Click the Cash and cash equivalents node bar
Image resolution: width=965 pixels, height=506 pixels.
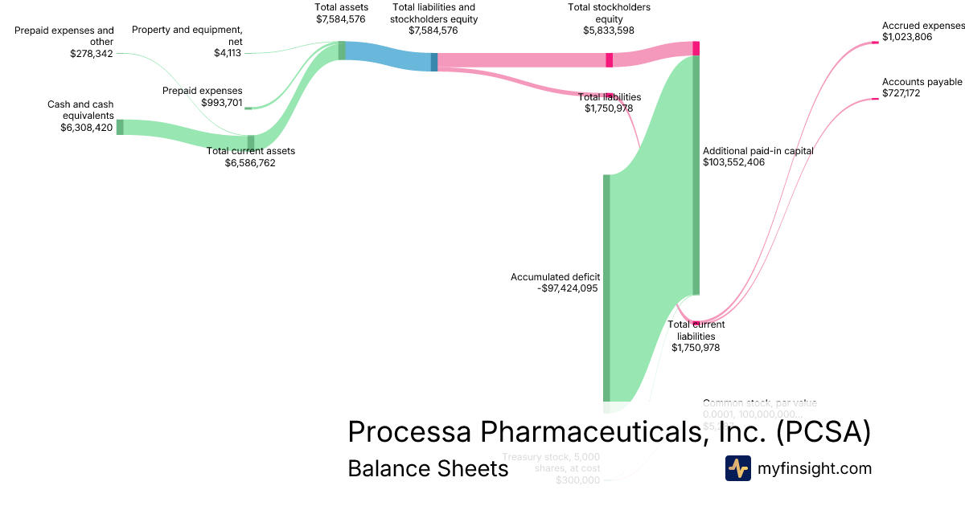(120, 127)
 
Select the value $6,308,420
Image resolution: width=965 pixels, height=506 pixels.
(86, 127)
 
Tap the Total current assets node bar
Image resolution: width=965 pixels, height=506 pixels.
(251, 142)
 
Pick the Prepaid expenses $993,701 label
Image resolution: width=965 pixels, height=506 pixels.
(202, 96)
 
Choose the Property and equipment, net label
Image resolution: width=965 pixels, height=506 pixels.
(187, 35)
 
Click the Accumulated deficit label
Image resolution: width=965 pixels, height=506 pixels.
(555, 277)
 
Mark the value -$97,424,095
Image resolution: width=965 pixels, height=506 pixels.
(567, 288)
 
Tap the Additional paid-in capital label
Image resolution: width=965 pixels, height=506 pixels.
(758, 150)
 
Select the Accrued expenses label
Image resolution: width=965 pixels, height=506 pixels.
(922, 25)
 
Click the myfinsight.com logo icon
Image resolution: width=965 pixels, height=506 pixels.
(737, 468)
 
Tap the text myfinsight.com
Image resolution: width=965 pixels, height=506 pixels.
(814, 468)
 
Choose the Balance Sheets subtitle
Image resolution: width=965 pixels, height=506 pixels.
(428, 468)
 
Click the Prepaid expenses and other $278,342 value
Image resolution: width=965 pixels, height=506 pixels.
(92, 53)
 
